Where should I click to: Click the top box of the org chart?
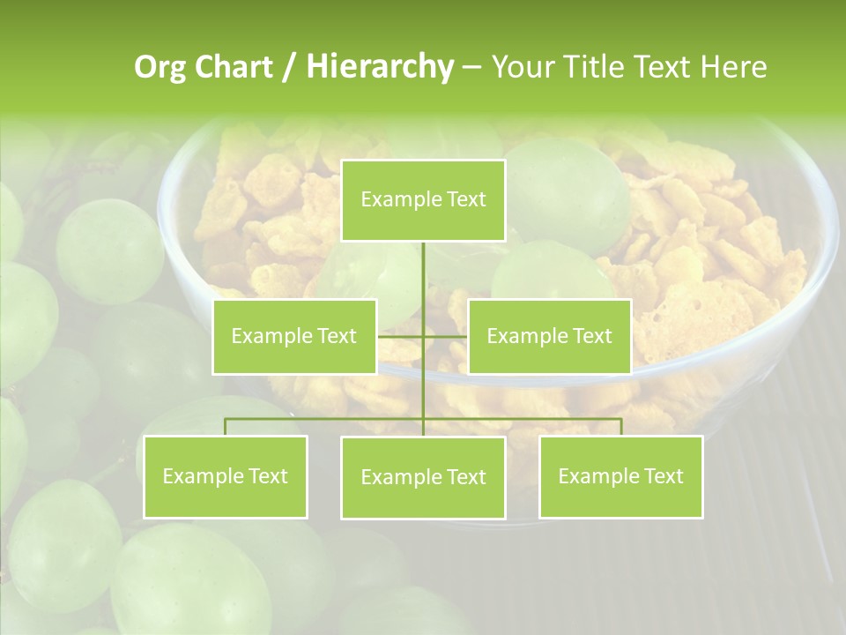click(x=423, y=200)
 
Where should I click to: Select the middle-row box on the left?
click(x=294, y=336)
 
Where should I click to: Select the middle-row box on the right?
click(x=549, y=336)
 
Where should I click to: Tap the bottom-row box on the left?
click(x=226, y=476)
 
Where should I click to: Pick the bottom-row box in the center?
click(x=423, y=477)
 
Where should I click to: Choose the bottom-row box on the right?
click(x=620, y=476)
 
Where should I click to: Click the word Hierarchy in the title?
click(x=380, y=66)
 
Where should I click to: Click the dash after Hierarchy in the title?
click(x=471, y=67)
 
